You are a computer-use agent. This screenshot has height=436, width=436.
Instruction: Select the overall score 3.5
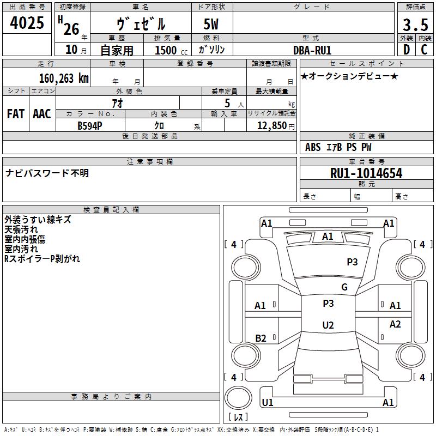[x=414, y=25]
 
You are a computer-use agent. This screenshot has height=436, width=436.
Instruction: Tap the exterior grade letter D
[x=406, y=49]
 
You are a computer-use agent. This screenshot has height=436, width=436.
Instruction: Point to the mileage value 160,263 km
[x=64, y=78]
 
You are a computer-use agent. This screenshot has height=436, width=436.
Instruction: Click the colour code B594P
[x=90, y=125]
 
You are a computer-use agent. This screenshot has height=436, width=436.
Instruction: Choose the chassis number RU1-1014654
[x=366, y=173]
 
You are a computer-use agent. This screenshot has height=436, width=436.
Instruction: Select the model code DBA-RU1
[x=312, y=50]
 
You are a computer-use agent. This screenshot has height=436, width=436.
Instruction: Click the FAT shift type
[x=16, y=114]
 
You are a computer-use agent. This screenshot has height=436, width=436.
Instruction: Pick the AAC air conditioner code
[x=42, y=114]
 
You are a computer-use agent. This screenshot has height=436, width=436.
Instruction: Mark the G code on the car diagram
[x=344, y=287]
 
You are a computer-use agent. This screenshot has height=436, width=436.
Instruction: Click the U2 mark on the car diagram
[x=328, y=325]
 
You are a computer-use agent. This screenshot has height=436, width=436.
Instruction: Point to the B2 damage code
[x=261, y=338]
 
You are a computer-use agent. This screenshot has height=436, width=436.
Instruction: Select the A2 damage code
[x=395, y=324]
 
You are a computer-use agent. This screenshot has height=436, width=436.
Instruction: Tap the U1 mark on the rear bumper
[x=268, y=403]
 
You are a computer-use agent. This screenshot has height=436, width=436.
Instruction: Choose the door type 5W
[x=212, y=25]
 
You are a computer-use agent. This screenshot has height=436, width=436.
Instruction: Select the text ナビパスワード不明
[x=47, y=173]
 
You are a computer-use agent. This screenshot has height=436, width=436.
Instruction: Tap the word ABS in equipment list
[x=313, y=147]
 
